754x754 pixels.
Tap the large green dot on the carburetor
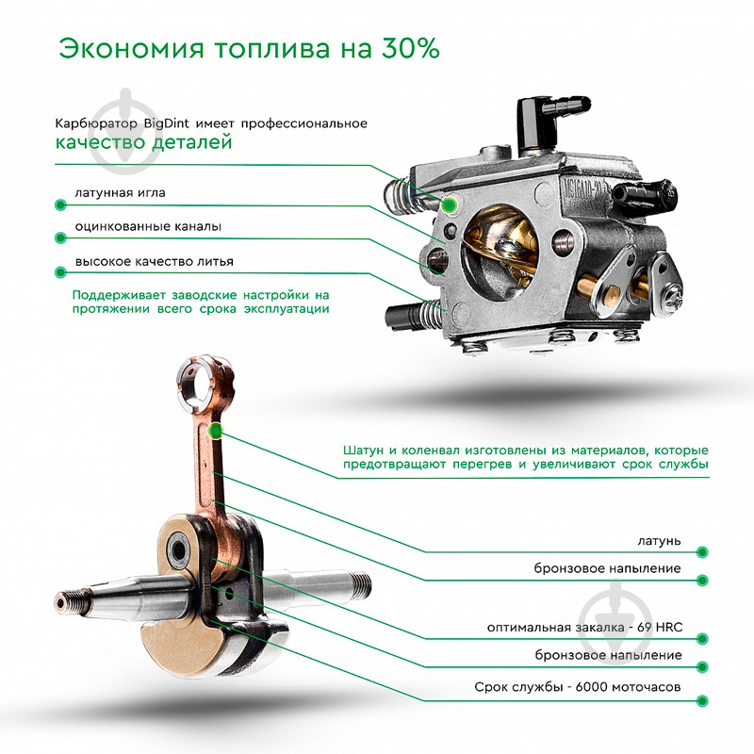pos(451,204)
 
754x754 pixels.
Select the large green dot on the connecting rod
pos(217,432)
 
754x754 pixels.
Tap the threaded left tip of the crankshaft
pos(68,598)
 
